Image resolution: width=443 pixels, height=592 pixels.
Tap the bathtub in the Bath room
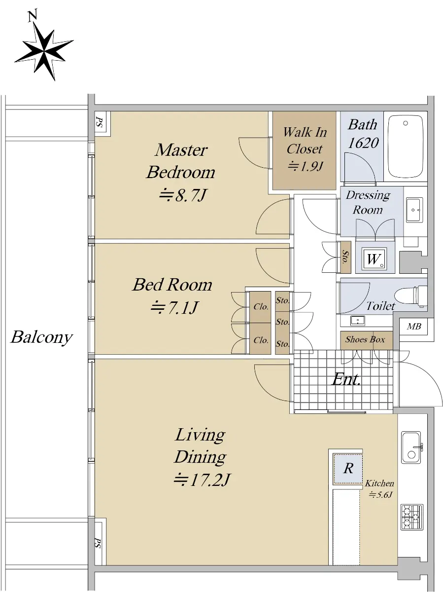pos(406,147)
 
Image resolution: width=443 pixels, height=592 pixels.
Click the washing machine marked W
pos(374,259)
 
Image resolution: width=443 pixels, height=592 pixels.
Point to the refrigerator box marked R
pos(348,469)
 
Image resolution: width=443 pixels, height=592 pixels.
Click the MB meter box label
pos(413,327)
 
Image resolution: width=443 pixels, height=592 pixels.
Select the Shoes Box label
pos(365,339)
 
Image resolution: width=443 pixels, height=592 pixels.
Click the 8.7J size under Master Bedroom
pos(183,195)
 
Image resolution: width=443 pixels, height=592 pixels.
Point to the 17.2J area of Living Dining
pos(202,480)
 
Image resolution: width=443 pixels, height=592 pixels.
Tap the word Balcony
pos(42,337)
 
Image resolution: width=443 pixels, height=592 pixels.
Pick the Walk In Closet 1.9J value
pos(305,166)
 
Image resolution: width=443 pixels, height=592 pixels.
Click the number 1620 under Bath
pos(363,143)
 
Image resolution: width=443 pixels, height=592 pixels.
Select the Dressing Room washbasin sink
pos(414,210)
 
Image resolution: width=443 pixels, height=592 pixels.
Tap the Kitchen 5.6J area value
pos(380,495)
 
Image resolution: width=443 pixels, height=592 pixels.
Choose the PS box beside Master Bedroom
pos(100,123)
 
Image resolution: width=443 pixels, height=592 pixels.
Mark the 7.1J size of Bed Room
pos(174,307)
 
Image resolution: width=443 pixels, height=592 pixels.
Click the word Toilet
pos(380,305)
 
